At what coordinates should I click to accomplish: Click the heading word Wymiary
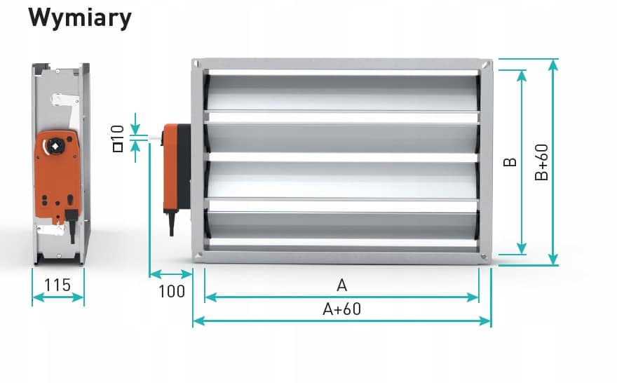(80, 18)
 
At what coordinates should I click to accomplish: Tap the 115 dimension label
(57, 285)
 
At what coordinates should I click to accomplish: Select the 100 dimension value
(172, 291)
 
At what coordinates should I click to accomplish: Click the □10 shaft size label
(118, 138)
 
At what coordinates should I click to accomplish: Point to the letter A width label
(341, 285)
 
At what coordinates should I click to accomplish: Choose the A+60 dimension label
(341, 309)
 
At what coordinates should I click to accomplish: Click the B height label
(510, 162)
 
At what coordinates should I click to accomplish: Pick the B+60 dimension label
(541, 162)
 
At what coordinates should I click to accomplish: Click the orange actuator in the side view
(57, 175)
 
